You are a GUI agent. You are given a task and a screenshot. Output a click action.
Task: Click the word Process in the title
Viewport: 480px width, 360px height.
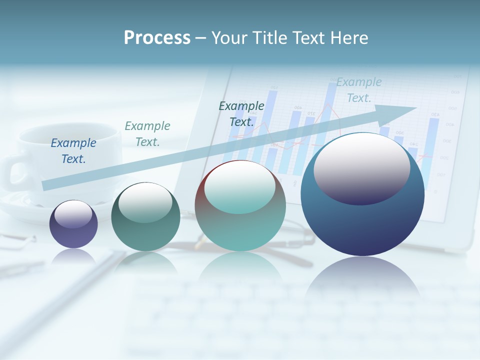(157, 37)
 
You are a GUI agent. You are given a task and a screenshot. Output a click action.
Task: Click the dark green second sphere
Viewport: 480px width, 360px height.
(145, 220)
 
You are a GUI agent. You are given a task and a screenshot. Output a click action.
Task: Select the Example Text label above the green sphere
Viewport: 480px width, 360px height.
(147, 134)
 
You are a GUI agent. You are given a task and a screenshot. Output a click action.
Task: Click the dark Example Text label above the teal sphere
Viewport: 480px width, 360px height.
(241, 113)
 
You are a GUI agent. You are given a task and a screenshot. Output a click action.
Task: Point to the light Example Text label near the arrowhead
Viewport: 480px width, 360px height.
(359, 90)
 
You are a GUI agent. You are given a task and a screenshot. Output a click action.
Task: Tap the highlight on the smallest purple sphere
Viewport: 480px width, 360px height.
(73, 214)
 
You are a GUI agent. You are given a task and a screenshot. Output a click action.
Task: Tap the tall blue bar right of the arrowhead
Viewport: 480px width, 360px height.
(433, 145)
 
